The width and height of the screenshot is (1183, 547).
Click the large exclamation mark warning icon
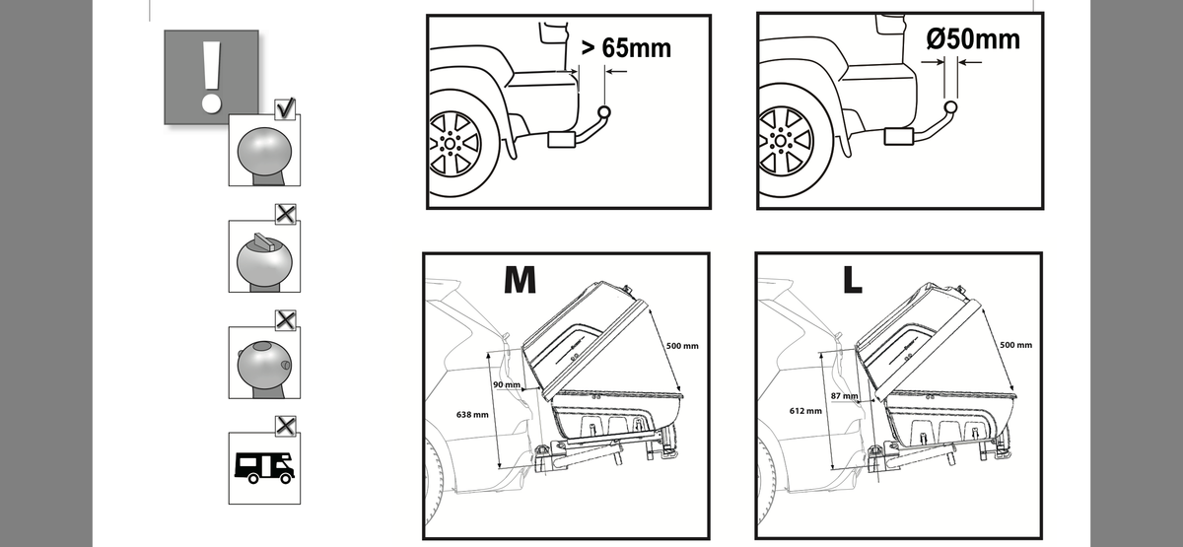(x=211, y=77)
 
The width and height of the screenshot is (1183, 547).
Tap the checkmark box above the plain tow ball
(x=285, y=108)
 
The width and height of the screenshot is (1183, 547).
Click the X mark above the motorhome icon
(x=286, y=426)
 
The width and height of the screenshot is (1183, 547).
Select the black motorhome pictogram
(x=264, y=468)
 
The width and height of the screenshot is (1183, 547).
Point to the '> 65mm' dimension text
(x=626, y=48)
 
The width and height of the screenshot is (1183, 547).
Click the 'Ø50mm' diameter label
(x=973, y=39)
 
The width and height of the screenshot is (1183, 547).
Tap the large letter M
(x=521, y=279)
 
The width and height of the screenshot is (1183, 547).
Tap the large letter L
(x=853, y=279)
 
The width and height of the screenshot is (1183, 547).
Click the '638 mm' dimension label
(x=472, y=415)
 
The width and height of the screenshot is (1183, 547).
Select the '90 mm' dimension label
(x=507, y=384)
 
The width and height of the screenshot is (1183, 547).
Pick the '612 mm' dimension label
(x=805, y=411)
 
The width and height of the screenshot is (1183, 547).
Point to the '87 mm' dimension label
(x=844, y=396)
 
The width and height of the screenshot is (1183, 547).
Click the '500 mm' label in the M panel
(x=682, y=346)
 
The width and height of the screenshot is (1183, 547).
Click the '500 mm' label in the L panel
(x=1015, y=345)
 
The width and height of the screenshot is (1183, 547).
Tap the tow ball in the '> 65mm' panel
(x=604, y=112)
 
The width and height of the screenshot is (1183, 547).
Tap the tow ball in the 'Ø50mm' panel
(x=950, y=107)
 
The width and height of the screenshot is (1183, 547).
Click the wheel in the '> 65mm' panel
(x=455, y=144)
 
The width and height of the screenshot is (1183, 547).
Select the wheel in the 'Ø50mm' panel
(x=786, y=140)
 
